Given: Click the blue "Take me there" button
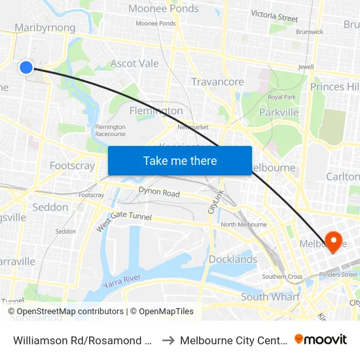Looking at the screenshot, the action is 180,160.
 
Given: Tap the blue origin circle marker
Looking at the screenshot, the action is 26,67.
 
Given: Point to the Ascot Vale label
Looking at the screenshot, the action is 134,63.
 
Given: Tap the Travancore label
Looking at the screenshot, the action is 217,82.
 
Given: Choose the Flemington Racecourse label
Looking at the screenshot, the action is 110,130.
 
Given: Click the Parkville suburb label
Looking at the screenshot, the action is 279,112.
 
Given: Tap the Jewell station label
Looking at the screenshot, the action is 306,67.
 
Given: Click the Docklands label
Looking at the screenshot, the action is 233,259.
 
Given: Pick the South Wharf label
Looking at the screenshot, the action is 270,297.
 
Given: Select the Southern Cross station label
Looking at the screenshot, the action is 282,277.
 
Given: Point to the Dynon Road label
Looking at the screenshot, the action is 158,193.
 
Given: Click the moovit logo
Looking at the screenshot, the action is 321,339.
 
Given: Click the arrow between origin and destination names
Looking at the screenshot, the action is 166,340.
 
